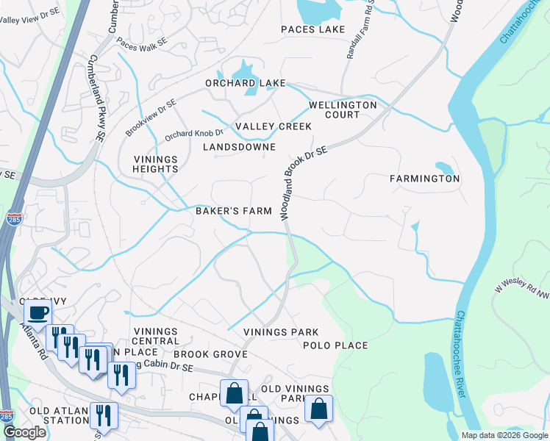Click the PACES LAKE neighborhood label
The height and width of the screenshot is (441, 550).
click(312, 29)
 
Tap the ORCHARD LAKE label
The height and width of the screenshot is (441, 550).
click(245, 83)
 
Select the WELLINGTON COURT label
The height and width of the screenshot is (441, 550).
click(343, 110)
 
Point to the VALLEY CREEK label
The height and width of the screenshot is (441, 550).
click(274, 126)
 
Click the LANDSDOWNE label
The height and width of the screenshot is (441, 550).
click(239, 147)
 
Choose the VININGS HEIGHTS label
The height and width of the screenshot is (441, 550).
click(156, 164)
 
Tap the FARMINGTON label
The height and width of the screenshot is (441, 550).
click(424, 179)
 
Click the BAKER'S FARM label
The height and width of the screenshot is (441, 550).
click(233, 211)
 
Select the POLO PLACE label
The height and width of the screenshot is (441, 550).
click(335, 345)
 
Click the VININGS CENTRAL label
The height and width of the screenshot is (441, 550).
click(155, 336)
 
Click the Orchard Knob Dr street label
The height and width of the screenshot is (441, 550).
click(193, 134)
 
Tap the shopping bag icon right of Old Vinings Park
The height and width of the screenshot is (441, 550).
click(318, 409)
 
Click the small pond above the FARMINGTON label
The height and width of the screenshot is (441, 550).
click(443, 167)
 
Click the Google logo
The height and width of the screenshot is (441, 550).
click(24, 433)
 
